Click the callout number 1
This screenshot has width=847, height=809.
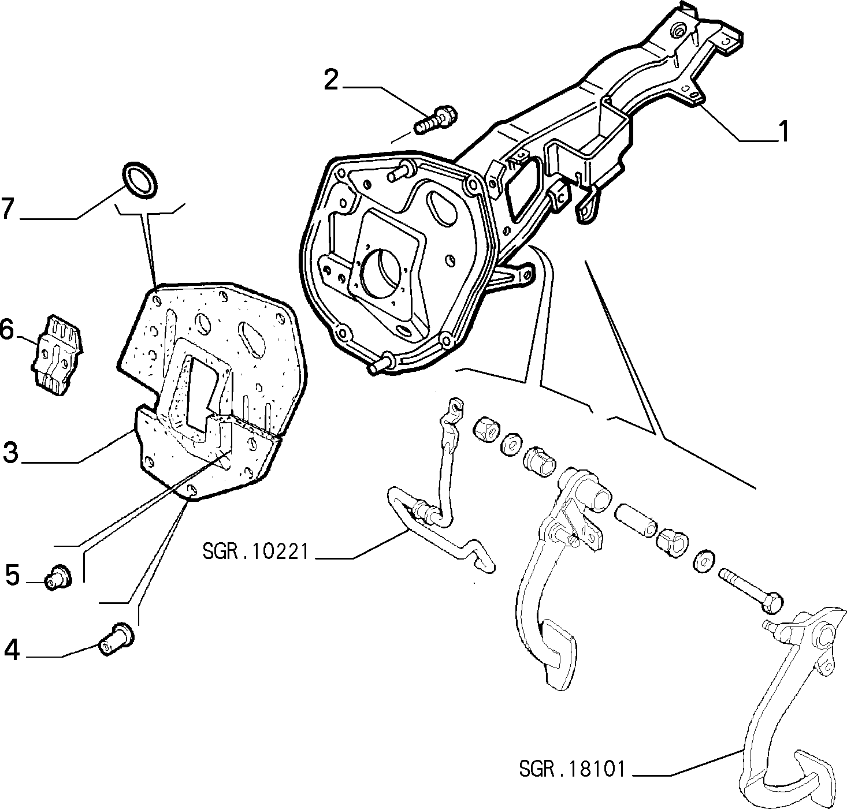click(x=784, y=131)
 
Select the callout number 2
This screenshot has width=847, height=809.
click(x=331, y=80)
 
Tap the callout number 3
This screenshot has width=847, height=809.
click(x=11, y=452)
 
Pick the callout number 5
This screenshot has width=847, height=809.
click(x=13, y=575)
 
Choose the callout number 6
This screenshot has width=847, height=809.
click(x=7, y=330)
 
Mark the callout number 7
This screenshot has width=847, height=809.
click(x=8, y=208)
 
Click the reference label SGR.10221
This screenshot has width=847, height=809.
click(x=255, y=552)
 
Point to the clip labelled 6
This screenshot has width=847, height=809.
click(x=57, y=355)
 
